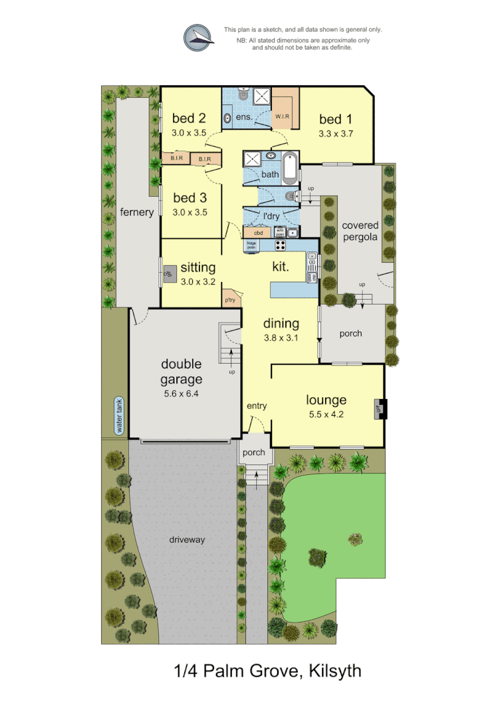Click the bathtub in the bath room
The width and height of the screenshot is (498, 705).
[x=290, y=168]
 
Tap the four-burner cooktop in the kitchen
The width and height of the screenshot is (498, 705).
[x=281, y=245]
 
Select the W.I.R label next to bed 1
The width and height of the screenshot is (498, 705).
[x=283, y=116]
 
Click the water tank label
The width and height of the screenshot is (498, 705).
[x=120, y=416]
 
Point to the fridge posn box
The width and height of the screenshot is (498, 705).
[x=252, y=245]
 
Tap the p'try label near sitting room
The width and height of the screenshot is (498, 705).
[x=230, y=300]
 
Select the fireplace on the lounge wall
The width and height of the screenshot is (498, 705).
[x=380, y=409]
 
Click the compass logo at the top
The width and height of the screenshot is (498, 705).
[x=199, y=37]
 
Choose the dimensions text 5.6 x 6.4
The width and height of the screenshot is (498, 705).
[x=181, y=393]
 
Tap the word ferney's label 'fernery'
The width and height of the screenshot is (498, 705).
[x=137, y=212]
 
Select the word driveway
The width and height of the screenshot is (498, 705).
[x=187, y=539]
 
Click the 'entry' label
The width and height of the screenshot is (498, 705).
[x=256, y=405]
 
